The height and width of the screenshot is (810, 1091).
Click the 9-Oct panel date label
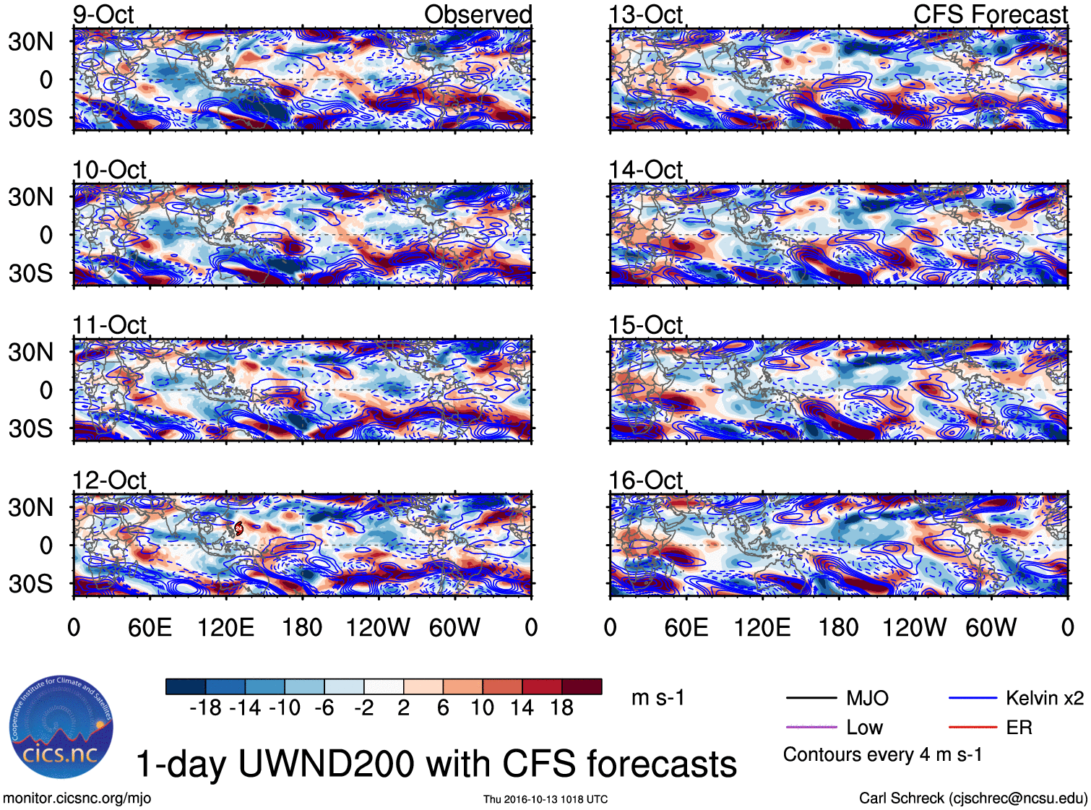pos(103,14)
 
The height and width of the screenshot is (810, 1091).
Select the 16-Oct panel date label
pos(645,481)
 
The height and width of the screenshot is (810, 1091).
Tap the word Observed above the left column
pos(478,14)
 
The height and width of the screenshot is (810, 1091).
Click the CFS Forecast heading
pos(990,14)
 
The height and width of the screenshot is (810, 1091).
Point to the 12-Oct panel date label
pos(109,481)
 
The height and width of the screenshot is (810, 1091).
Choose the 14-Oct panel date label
pos(645,170)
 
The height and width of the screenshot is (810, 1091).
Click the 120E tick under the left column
pos(226,627)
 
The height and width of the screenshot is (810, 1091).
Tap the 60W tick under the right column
pos(991,627)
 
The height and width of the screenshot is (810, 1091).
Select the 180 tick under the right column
pos(838,627)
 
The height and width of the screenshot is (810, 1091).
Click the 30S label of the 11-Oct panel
pos(30,428)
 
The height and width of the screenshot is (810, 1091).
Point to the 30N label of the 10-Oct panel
pos(30,197)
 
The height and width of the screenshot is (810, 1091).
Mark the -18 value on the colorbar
pos(205,707)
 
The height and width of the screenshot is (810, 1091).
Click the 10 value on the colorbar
pos(482,707)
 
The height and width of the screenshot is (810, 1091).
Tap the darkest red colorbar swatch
pos(582,686)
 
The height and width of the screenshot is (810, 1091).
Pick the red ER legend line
pos(973,727)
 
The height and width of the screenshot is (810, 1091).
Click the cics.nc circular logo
pos(61,728)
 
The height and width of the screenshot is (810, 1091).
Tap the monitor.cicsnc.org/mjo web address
pos(77,798)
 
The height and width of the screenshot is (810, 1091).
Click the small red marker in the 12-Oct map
pos(238,529)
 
